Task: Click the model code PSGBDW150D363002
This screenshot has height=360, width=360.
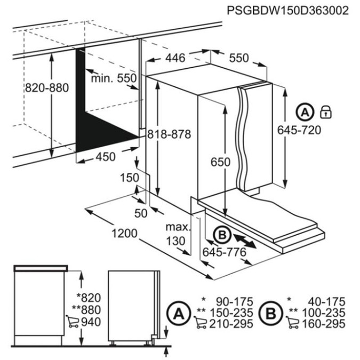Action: click(287, 10)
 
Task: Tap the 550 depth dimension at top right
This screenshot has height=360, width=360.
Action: click(238, 58)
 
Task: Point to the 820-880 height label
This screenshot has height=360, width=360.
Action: click(47, 89)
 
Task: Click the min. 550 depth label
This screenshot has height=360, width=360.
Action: click(113, 78)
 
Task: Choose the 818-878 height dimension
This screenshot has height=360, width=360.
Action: click(169, 134)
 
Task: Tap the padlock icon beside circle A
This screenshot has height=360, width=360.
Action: click(326, 112)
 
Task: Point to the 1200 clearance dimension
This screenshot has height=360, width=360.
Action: click(125, 234)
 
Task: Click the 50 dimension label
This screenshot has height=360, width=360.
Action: click(140, 213)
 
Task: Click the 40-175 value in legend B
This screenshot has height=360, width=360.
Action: click(324, 301)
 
